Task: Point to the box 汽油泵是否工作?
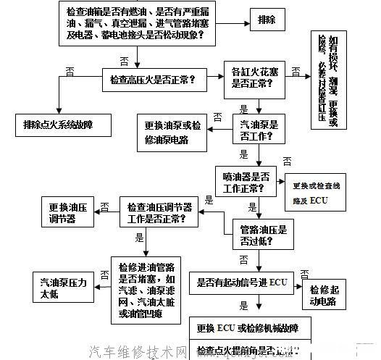259,130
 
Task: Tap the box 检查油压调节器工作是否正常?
159,212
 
